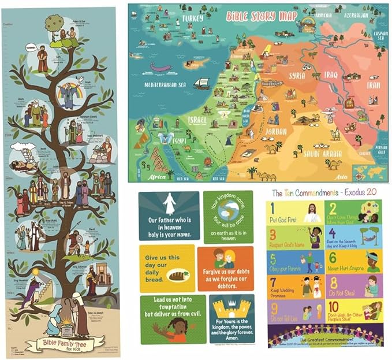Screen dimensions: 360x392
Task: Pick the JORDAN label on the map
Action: point(276,131)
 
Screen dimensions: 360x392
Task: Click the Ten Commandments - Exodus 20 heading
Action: point(325,193)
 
